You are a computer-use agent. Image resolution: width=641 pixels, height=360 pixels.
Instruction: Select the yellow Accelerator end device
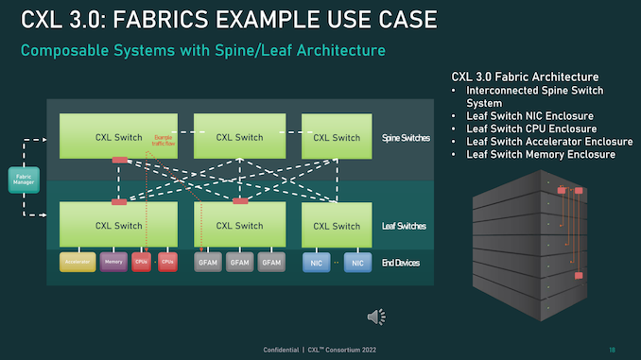tap(78, 261)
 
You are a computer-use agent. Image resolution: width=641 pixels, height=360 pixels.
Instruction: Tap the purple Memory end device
tap(113, 261)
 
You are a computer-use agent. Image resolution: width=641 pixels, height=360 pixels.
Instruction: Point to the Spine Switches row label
tap(404, 138)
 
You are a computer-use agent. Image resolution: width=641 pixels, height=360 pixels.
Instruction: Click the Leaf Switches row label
tap(403, 226)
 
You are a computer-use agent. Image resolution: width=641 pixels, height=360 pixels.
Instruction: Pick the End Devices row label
tap(401, 262)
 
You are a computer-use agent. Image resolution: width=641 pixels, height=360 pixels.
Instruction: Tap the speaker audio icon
tap(376, 316)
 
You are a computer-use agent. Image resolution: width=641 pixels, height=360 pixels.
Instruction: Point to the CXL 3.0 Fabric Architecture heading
tap(525, 76)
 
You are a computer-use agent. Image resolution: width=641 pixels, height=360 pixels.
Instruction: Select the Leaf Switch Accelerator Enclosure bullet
tap(549, 141)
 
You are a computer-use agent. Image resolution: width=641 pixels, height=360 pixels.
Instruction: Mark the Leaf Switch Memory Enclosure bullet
tap(540, 154)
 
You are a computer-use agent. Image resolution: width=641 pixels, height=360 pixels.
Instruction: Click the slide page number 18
tap(612, 349)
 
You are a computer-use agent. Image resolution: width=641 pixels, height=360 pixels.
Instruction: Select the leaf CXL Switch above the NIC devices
tap(336, 226)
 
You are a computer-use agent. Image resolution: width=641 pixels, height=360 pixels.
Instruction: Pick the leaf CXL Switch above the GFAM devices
tap(239, 226)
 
